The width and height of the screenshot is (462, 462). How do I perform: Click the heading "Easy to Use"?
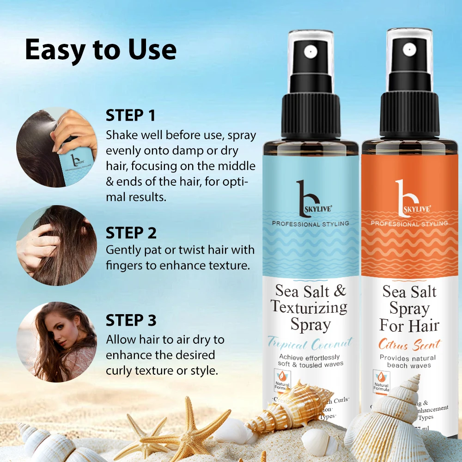point(101,50)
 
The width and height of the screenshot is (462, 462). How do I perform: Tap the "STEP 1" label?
point(131,115)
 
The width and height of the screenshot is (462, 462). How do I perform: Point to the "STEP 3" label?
point(131,320)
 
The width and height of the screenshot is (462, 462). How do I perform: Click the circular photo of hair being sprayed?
point(57,147)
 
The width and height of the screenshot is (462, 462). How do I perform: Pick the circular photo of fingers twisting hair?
point(57,245)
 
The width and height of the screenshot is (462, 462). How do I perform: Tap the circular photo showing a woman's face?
point(57,342)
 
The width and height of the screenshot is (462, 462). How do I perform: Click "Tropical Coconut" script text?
point(310,343)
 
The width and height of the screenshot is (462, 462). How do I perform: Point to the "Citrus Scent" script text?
point(409,345)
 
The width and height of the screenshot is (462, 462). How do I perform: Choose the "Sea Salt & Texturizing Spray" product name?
point(310,307)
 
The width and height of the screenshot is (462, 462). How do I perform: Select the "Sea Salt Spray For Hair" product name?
point(409,308)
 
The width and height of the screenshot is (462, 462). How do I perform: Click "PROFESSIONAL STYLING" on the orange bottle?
point(409,224)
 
